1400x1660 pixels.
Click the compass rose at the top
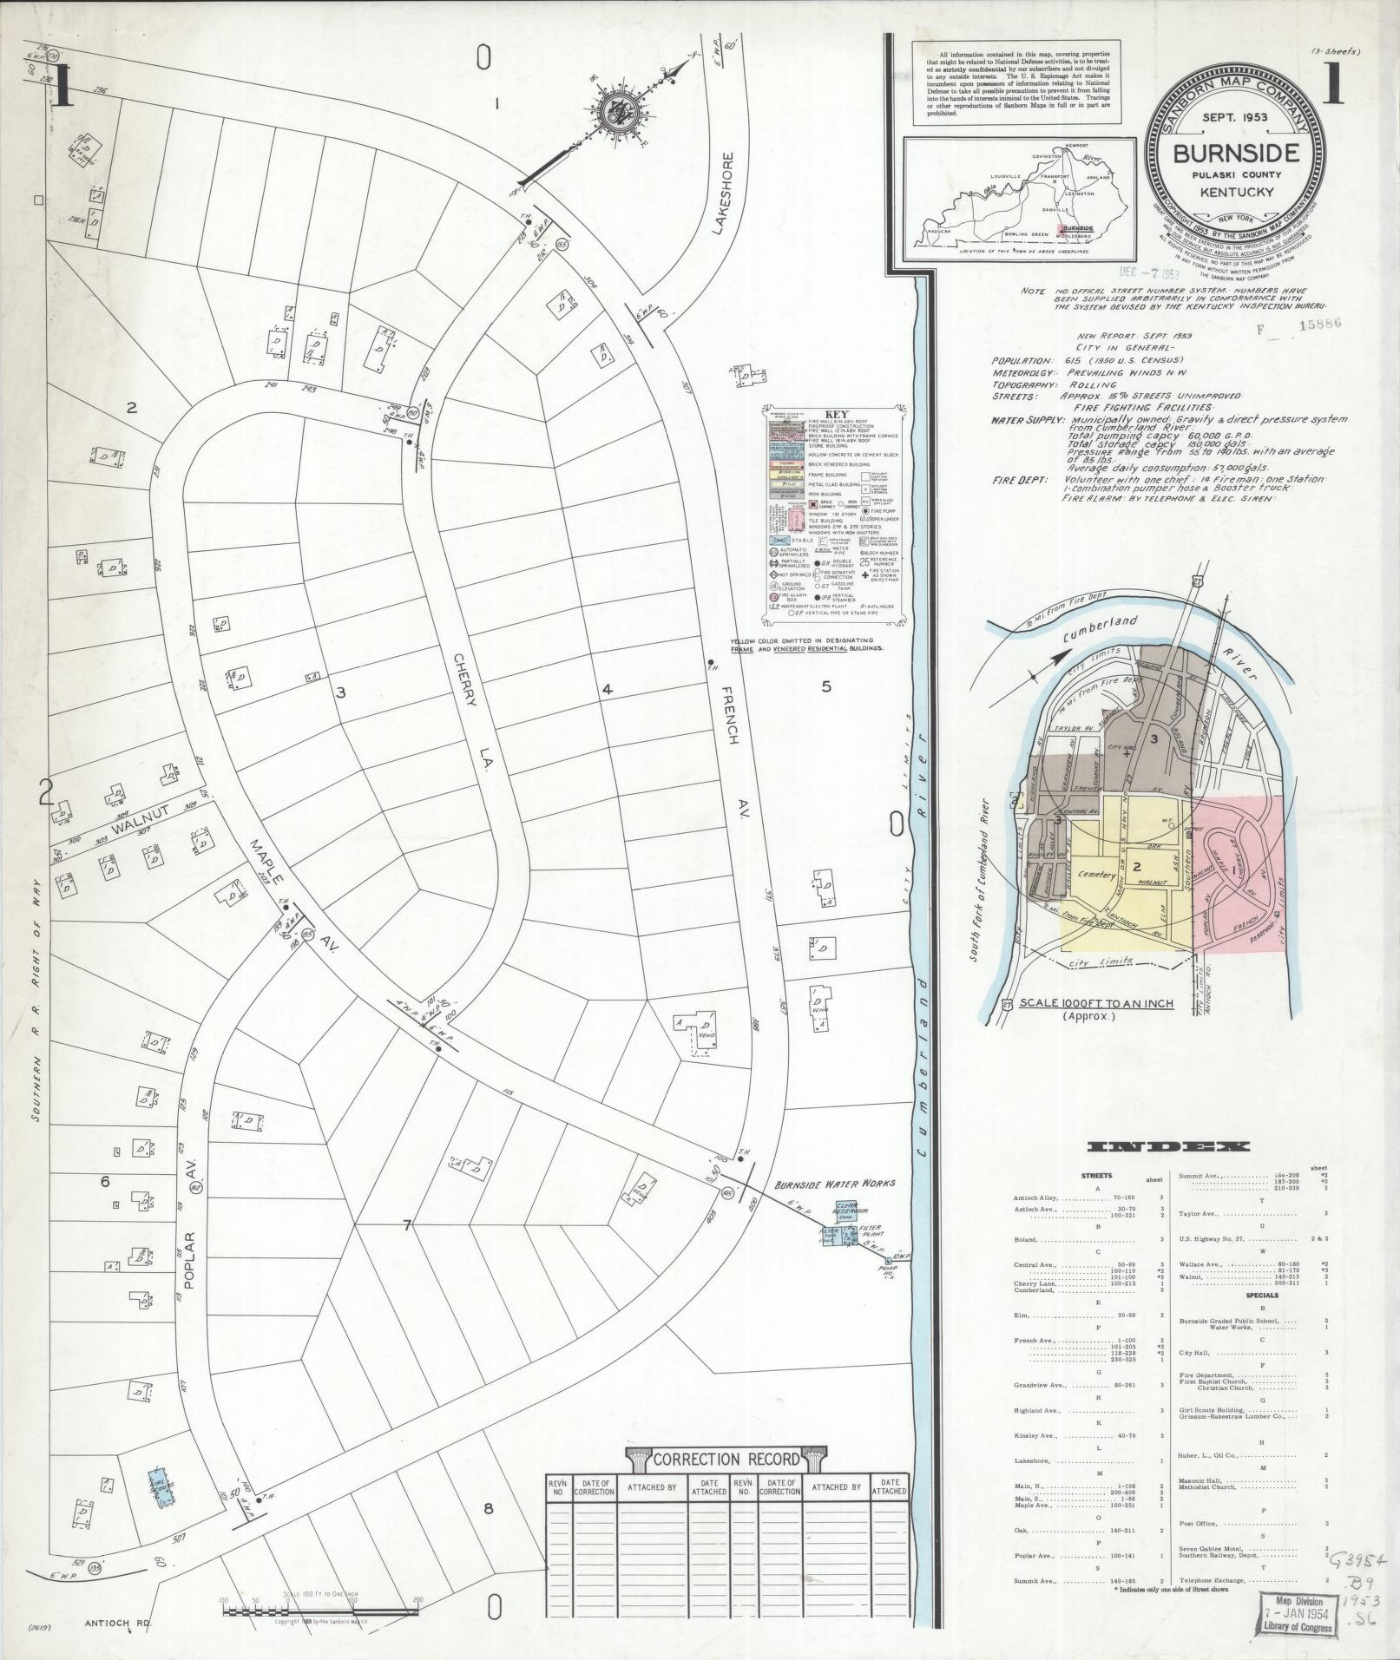point(615,113)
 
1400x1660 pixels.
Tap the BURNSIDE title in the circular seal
point(1237,153)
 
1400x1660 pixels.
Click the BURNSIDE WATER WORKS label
point(834,1183)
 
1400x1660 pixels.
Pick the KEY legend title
point(835,415)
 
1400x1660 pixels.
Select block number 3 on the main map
point(341,692)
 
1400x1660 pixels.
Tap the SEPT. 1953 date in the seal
point(1237,115)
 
